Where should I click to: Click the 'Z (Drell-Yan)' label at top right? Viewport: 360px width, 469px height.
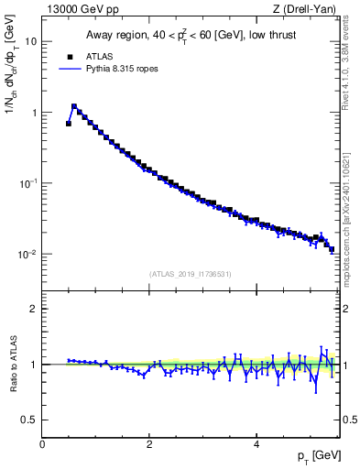(309, 9)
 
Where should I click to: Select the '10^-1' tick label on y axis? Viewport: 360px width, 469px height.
(28, 183)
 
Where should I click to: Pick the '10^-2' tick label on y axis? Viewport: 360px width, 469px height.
(28, 254)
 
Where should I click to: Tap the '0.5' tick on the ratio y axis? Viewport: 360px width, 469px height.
(29, 420)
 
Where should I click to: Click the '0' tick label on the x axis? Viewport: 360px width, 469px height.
(42, 444)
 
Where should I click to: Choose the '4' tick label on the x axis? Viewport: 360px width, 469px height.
(256, 444)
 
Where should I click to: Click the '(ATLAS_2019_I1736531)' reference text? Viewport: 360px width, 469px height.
(190, 274)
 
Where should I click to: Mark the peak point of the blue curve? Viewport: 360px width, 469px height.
(74, 106)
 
